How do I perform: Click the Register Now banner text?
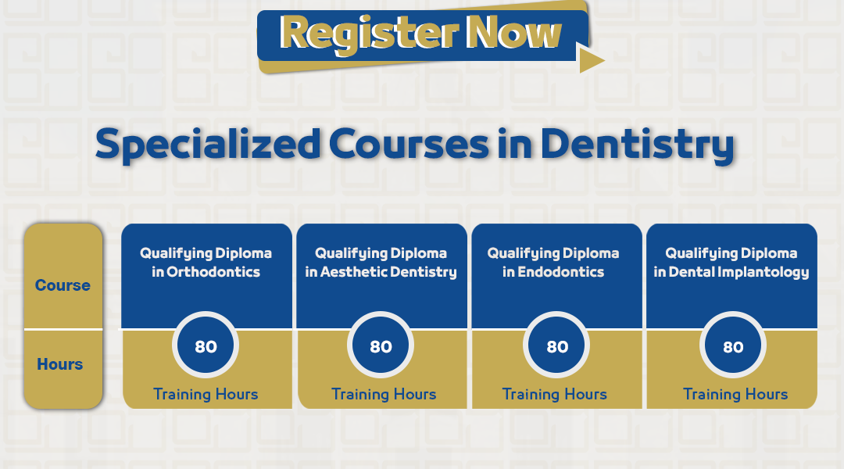pyautogui.click(x=420, y=34)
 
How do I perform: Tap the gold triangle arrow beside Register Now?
pyautogui.click(x=590, y=58)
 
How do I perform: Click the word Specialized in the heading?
pyautogui.click(x=208, y=145)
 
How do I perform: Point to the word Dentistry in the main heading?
pyautogui.click(x=638, y=144)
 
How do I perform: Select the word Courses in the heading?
pyautogui.click(x=409, y=144)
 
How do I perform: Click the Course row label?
pyautogui.click(x=63, y=285)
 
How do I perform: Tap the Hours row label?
pyautogui.click(x=59, y=364)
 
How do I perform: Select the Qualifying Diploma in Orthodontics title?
pyautogui.click(x=206, y=262)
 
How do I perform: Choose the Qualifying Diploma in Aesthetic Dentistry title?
pyautogui.click(x=381, y=262)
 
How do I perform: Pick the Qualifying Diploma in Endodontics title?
pyautogui.click(x=553, y=262)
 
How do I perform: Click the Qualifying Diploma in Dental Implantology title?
pyautogui.click(x=731, y=262)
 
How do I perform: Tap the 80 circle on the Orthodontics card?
pyautogui.click(x=206, y=345)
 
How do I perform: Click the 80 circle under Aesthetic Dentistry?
pyautogui.click(x=381, y=345)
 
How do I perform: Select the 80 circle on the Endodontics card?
pyautogui.click(x=556, y=345)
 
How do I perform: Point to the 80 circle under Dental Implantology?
pyautogui.click(x=732, y=345)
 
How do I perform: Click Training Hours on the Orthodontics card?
pyautogui.click(x=206, y=394)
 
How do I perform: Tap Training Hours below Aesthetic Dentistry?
pyautogui.click(x=383, y=394)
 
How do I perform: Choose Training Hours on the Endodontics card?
pyautogui.click(x=554, y=394)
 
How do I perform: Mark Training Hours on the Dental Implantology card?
pyautogui.click(x=735, y=394)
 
